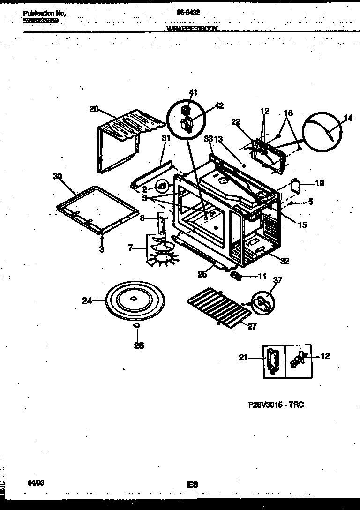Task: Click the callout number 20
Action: tap(94, 109)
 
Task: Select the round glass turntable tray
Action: tap(133, 300)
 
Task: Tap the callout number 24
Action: tap(87, 301)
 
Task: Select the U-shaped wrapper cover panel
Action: tap(124, 138)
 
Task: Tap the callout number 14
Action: tap(348, 118)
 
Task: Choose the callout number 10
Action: tap(319, 183)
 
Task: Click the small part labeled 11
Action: tap(237, 277)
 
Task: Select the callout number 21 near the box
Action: tap(243, 358)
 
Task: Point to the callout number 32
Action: tap(284, 262)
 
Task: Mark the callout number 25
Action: tap(202, 275)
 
